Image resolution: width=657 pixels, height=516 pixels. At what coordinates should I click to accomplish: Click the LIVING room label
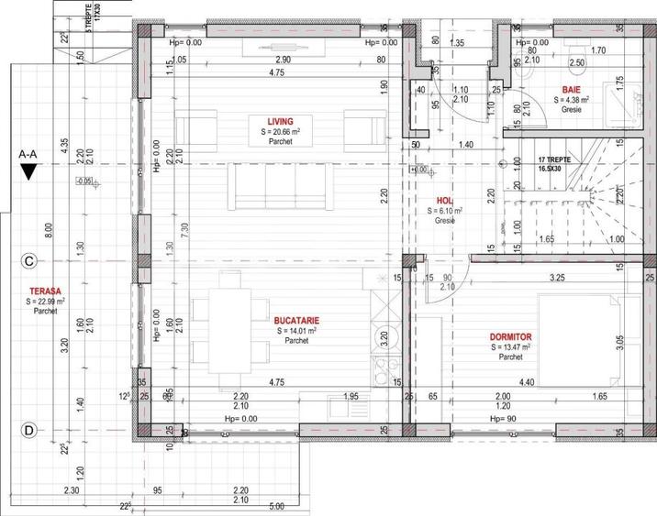281,121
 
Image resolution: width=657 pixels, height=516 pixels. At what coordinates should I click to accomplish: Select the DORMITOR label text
510,336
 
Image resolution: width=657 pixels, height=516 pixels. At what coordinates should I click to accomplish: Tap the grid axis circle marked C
28,261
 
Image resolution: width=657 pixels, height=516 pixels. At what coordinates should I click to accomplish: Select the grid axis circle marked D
28,429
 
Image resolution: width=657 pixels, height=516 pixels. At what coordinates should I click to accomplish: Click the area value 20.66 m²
281,132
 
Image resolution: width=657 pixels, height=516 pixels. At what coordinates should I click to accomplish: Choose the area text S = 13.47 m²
510,347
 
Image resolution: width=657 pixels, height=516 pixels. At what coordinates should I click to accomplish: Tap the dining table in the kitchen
227,331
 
